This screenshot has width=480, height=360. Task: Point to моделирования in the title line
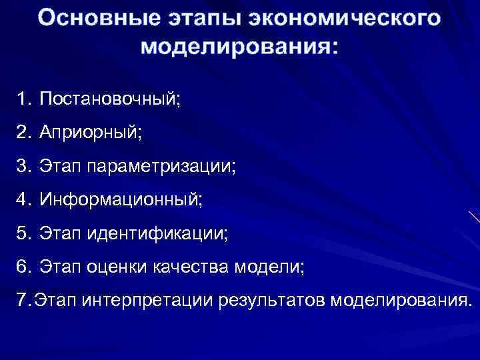(239, 47)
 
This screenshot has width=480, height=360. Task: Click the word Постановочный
(110, 99)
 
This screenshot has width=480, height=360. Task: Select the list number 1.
(25, 99)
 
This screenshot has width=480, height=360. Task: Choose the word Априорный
(90, 133)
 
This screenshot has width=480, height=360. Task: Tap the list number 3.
(25, 165)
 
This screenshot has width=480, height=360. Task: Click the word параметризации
(159, 165)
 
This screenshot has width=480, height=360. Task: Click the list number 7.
(22, 300)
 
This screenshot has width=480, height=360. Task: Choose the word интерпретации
(138, 300)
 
